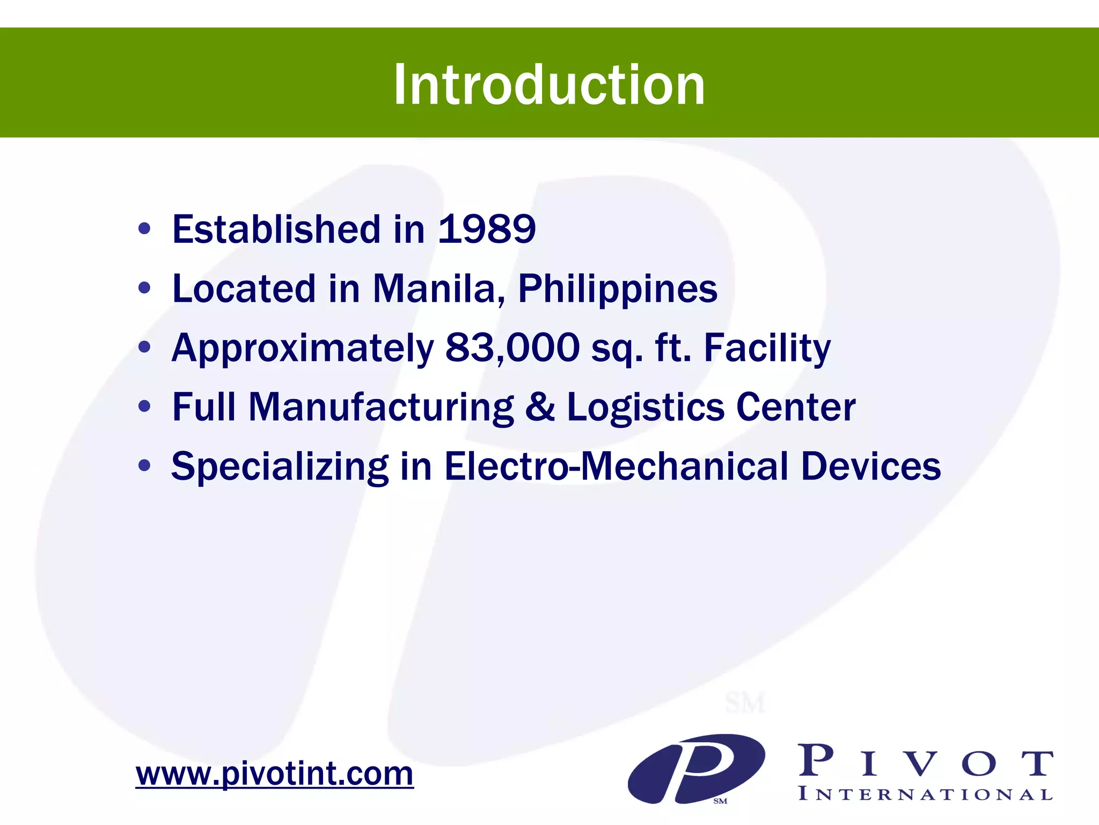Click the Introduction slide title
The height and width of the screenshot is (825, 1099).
pos(549,84)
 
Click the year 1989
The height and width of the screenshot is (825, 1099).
pos(487,229)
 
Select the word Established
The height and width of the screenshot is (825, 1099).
pos(276,229)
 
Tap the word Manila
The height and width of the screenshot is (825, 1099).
pos(438,288)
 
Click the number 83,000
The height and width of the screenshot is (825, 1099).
pos(512,348)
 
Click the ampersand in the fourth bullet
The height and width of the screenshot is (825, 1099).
pos(540,407)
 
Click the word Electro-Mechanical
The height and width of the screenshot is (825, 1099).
pos(616,466)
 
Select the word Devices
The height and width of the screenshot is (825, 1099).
pos(870,466)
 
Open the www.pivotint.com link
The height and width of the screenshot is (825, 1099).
pos(274,774)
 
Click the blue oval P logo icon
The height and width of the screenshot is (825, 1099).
pos(696,769)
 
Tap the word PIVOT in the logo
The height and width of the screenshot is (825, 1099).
pos(925,762)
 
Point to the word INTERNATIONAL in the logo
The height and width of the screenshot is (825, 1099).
pos(925,794)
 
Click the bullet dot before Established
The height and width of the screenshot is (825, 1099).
pos(144,229)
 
